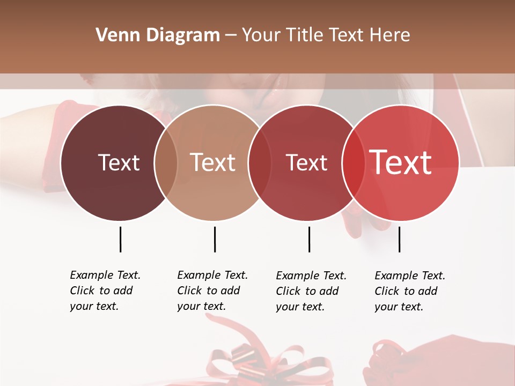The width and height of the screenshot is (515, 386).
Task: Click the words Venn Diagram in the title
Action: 158,35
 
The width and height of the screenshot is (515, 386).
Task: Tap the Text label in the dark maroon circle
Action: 119,162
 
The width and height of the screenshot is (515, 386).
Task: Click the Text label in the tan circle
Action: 213,162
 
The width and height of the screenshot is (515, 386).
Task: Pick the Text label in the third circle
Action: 306,162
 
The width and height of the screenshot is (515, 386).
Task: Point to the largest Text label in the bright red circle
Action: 401,162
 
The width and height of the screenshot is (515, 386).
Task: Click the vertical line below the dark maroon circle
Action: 120,239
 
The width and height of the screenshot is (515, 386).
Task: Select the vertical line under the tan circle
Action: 215,239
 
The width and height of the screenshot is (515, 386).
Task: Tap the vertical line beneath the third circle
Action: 309,239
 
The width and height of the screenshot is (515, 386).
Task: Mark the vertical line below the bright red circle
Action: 399,239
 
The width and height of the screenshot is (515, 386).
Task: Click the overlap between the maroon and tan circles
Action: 166,162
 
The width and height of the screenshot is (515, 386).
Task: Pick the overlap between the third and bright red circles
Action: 351,162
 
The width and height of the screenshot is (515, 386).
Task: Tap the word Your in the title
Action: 261,35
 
